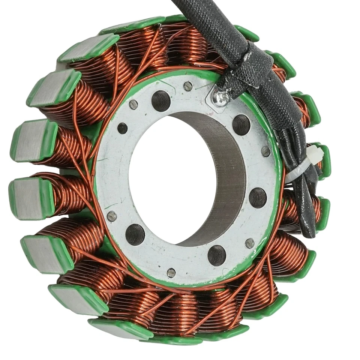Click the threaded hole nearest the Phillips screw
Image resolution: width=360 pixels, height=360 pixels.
coord(241,124)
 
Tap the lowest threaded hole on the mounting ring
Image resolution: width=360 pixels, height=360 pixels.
coord(217,255)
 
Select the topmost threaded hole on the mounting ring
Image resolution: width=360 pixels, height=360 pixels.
coord(161,100)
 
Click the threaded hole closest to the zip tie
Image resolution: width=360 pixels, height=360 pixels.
coord(258,197)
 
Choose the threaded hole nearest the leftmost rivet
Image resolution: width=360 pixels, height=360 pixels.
coord(135,234)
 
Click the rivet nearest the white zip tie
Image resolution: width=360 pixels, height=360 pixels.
coord(265,151)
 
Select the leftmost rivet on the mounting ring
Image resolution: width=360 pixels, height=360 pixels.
coord(112,216)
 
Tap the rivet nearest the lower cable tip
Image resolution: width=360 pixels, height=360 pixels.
coord(249,243)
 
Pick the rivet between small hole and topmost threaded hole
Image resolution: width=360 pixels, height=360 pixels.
coord(133,105)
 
